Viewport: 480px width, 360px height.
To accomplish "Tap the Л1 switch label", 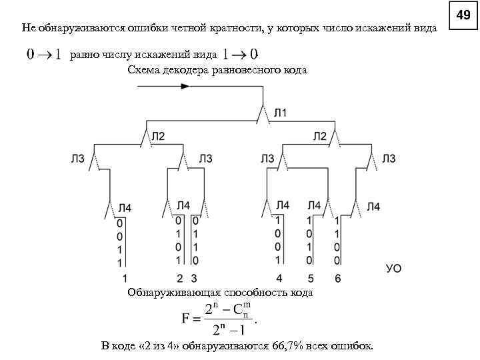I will pyautogui.click(x=281, y=113).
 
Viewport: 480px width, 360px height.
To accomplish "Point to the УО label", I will pyautogui.click(x=393, y=268).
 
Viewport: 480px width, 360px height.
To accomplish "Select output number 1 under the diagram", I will pyautogui.click(x=124, y=278).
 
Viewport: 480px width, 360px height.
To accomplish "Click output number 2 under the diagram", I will pyautogui.click(x=179, y=278).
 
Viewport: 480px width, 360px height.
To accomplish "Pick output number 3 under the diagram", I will pyautogui.click(x=194, y=278).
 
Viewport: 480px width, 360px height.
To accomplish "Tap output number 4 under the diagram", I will pyautogui.click(x=279, y=278).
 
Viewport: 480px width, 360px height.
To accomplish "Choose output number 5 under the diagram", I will pyautogui.click(x=310, y=278).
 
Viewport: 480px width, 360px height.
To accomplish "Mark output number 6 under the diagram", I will pyautogui.click(x=337, y=278).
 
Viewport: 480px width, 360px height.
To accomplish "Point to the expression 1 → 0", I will pyautogui.click(x=240, y=53).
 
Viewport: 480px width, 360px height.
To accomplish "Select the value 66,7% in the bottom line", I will pyautogui.click(x=287, y=346).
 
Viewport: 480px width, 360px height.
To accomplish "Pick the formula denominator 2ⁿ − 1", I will pyautogui.click(x=229, y=329).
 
